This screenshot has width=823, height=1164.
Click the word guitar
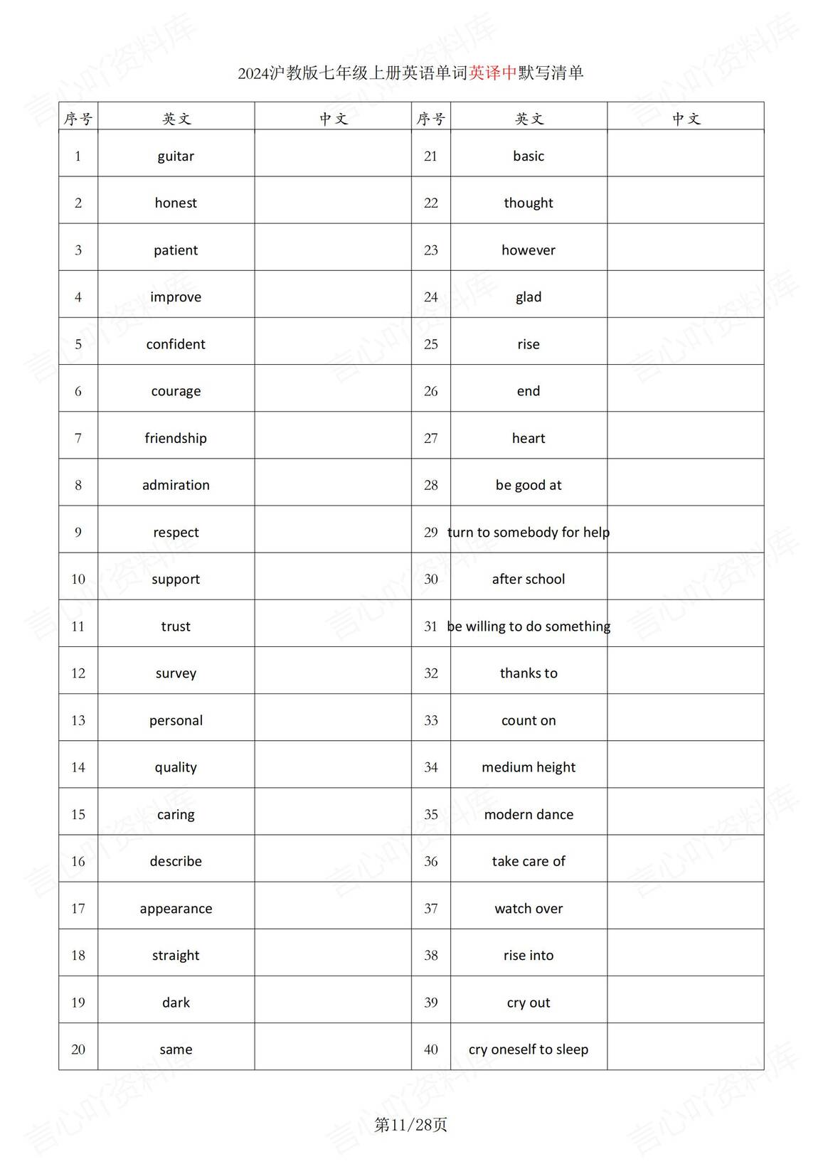coord(176,156)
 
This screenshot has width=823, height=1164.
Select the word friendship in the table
coord(176,438)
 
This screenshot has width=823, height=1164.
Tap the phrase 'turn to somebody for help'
coord(529,532)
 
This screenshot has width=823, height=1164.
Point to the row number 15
coord(78,814)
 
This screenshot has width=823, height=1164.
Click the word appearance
coord(176,908)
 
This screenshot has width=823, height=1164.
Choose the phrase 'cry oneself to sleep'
coord(529,1049)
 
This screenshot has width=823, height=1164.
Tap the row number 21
coord(431,156)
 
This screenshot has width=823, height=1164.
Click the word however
coord(529,250)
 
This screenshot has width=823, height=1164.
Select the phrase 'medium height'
coord(529,767)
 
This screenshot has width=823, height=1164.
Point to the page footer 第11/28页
coord(411,1124)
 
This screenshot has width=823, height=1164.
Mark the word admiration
coord(176,485)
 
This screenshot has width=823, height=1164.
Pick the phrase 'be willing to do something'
coord(529,626)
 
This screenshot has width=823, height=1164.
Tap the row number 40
coord(431,1049)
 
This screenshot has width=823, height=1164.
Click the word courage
coord(176,391)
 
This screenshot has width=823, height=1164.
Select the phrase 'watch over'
coord(529,908)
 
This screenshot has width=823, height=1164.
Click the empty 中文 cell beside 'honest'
coord(333,203)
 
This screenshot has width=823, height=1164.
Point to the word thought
coord(529,203)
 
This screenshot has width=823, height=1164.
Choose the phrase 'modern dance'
coord(529,814)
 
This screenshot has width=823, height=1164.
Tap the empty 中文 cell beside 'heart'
coord(686,438)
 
